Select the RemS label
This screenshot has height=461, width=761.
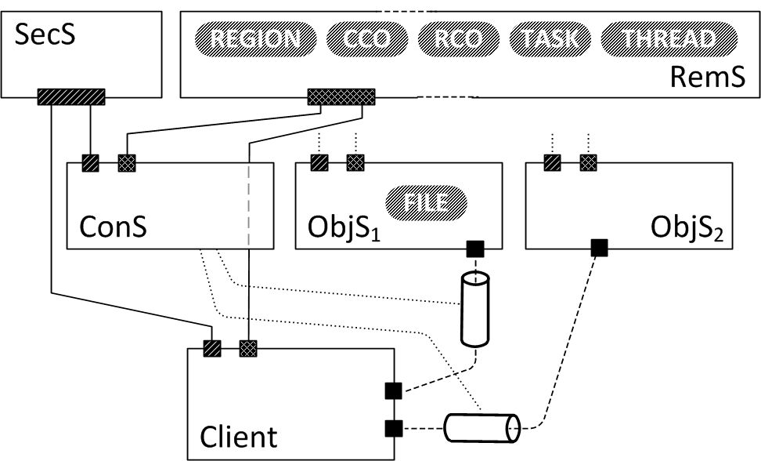point(707,78)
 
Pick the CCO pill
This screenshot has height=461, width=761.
point(366,40)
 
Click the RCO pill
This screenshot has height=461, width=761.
point(459,40)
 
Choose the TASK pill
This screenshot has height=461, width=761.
point(550,40)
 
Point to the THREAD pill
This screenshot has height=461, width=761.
point(669,40)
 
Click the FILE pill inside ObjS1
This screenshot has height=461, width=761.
point(426,203)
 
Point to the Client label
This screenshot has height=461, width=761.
point(239,435)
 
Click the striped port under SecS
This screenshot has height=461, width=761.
point(71,97)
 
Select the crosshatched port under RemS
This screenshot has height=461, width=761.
point(341,97)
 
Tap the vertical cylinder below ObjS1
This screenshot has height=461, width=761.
point(475,309)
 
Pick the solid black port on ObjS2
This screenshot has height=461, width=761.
point(599,249)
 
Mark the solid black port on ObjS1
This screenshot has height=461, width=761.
point(475,249)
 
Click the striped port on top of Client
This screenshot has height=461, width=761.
point(212,348)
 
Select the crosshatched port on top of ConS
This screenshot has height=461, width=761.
point(127,163)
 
